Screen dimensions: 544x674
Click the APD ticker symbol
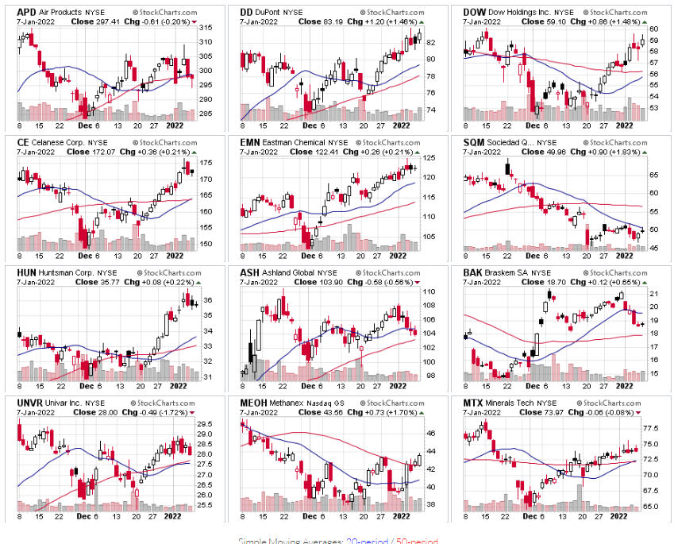pyautogui.click(x=26, y=13)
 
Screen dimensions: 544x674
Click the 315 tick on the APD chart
pyautogui.click(x=204, y=29)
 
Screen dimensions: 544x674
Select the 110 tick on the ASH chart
pyautogui.click(x=427, y=292)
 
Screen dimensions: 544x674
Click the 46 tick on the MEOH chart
pyautogui.click(x=427, y=434)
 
